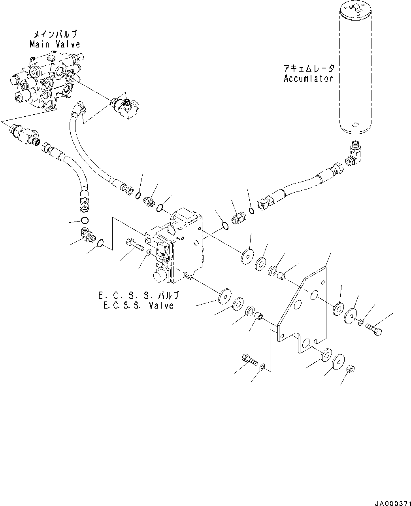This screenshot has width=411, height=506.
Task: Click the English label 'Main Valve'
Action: (x=55, y=44)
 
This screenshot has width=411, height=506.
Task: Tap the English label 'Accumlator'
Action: (x=308, y=78)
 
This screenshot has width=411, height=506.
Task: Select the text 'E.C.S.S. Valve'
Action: (x=138, y=305)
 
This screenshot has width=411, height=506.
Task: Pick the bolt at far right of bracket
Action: (x=373, y=330)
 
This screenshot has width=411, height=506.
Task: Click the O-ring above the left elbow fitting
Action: (x=84, y=220)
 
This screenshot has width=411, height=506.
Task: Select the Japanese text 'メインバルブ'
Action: (x=55, y=34)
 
